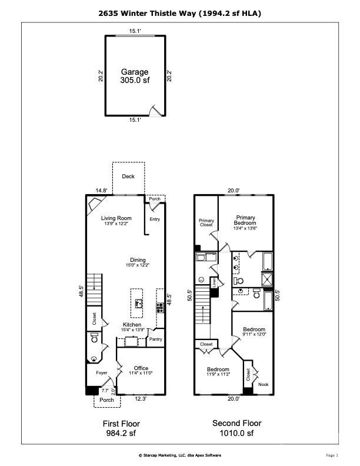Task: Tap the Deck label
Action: click(x=128, y=177)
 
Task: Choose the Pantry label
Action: click(x=155, y=339)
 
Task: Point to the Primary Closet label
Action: click(x=206, y=223)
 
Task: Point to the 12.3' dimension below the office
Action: click(x=139, y=399)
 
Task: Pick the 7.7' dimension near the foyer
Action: click(x=105, y=390)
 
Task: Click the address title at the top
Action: click(x=180, y=12)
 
